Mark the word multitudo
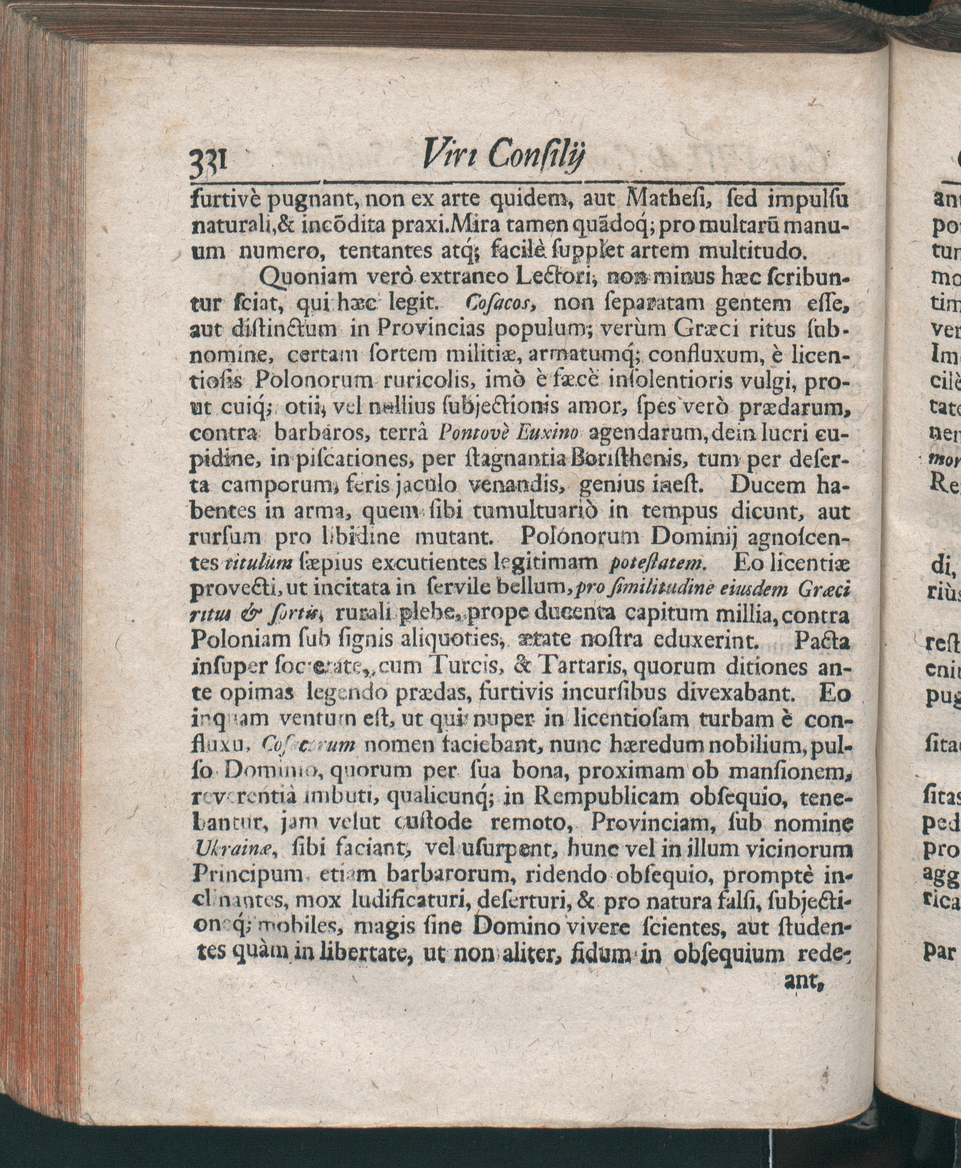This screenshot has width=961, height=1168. point(751,252)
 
